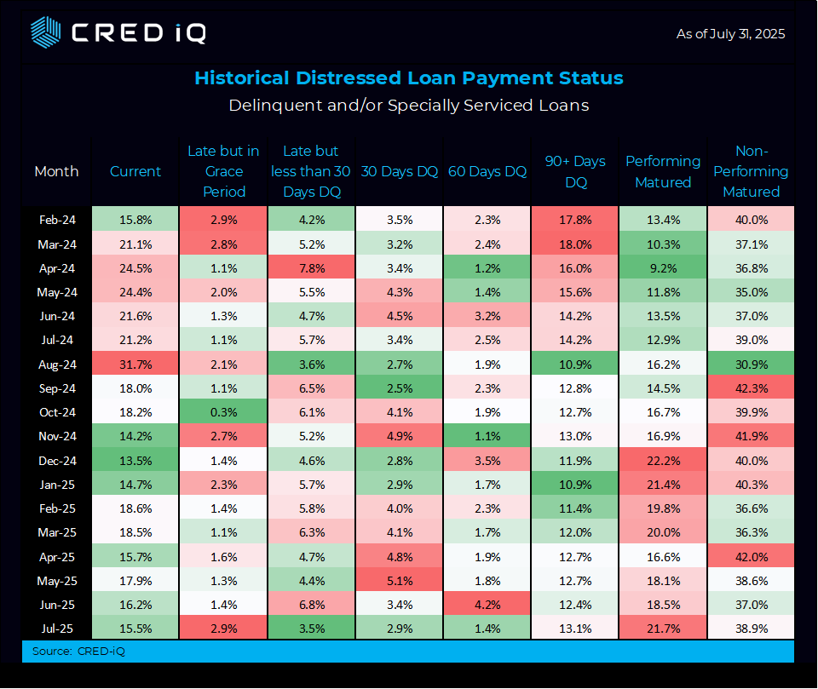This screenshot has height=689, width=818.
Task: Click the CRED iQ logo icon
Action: click(45, 32)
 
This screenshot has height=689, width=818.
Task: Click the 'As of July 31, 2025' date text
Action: click(730, 34)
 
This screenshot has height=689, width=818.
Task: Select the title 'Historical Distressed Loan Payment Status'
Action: click(408, 78)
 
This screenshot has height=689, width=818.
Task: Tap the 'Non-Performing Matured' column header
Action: click(751, 171)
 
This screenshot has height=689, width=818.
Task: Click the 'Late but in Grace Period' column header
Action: click(223, 171)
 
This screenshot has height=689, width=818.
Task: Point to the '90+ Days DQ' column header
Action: click(575, 171)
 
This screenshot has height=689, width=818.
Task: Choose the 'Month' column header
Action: click(57, 171)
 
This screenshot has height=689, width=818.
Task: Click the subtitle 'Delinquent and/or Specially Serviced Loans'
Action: click(408, 106)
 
